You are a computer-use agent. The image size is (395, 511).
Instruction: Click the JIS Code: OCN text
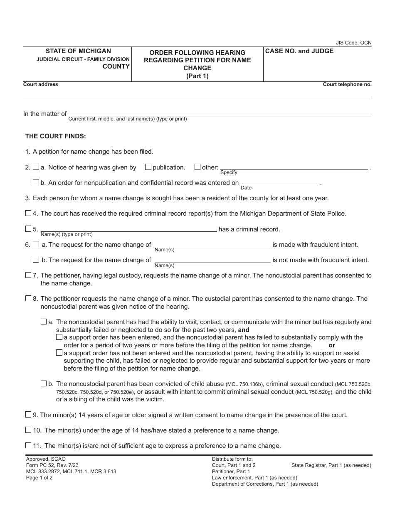[353, 43]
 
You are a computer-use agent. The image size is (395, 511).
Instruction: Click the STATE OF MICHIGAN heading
[78, 51]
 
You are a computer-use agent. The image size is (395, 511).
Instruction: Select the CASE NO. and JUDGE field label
[299, 51]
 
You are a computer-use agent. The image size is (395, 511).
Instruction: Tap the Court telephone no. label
[347, 84]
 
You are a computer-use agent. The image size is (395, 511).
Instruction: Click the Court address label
[41, 84]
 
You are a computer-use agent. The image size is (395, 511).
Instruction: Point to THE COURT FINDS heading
[56, 136]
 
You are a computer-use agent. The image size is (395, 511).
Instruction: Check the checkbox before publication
[148, 167]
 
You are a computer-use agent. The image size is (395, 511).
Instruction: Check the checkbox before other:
[197, 167]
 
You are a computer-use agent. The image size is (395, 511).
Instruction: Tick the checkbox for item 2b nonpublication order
[36, 182]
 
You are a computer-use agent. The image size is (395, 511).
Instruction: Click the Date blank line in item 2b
[279, 182]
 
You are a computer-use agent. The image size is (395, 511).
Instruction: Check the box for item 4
[28, 213]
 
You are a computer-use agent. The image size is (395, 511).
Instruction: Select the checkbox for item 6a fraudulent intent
[36, 244]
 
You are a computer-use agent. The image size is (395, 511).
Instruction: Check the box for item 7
[28, 275]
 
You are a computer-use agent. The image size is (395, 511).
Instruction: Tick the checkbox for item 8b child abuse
[44, 383]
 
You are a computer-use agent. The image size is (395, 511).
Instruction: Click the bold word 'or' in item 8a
[332, 345]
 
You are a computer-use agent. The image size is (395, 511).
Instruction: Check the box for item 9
[28, 414]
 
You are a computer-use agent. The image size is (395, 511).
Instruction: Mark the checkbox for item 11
[28, 445]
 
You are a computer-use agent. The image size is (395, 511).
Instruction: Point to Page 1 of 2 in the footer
[39, 478]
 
